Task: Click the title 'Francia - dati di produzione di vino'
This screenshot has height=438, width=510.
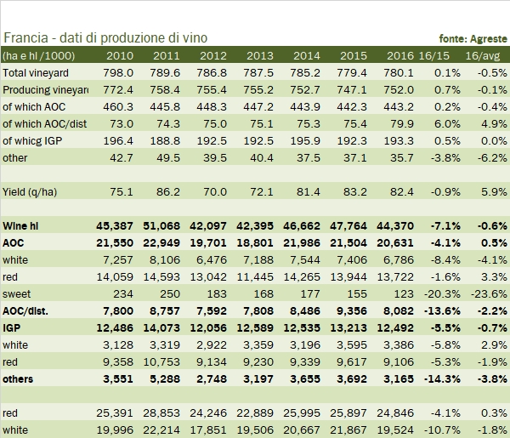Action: [105, 38]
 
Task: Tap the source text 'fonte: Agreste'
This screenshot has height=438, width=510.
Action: [473, 39]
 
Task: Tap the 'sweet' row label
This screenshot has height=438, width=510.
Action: [17, 293]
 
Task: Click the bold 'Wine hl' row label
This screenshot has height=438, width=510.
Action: [22, 225]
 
